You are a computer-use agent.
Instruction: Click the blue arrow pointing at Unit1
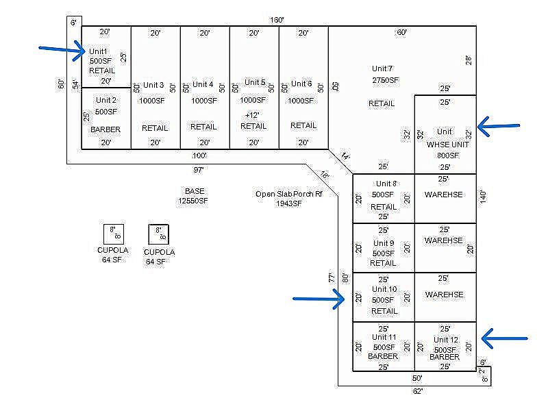[62, 50]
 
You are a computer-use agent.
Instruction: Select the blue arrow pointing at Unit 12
[504, 338]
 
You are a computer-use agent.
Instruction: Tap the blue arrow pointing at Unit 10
[319, 299]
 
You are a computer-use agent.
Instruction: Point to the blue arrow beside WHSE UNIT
[499, 126]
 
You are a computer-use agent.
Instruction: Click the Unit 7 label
[382, 68]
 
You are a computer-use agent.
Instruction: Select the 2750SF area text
[385, 80]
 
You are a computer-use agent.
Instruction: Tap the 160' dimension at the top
[277, 20]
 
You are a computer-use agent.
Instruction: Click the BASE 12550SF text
[193, 196]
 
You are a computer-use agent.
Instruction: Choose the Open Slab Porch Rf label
[288, 194]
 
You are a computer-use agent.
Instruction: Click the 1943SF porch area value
[288, 203]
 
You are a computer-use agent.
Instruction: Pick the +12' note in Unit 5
[252, 115]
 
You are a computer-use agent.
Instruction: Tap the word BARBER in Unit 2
[105, 129]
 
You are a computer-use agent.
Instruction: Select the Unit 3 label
[153, 85]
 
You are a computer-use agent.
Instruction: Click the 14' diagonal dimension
[345, 156]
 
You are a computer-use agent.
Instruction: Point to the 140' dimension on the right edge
[483, 197]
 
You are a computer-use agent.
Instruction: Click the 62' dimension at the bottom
[418, 391]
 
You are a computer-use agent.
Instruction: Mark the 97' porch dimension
[199, 170]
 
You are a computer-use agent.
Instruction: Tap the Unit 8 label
[386, 184]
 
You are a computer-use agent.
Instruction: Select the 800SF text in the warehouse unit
[448, 155]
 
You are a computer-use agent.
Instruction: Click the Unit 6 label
[301, 84]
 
